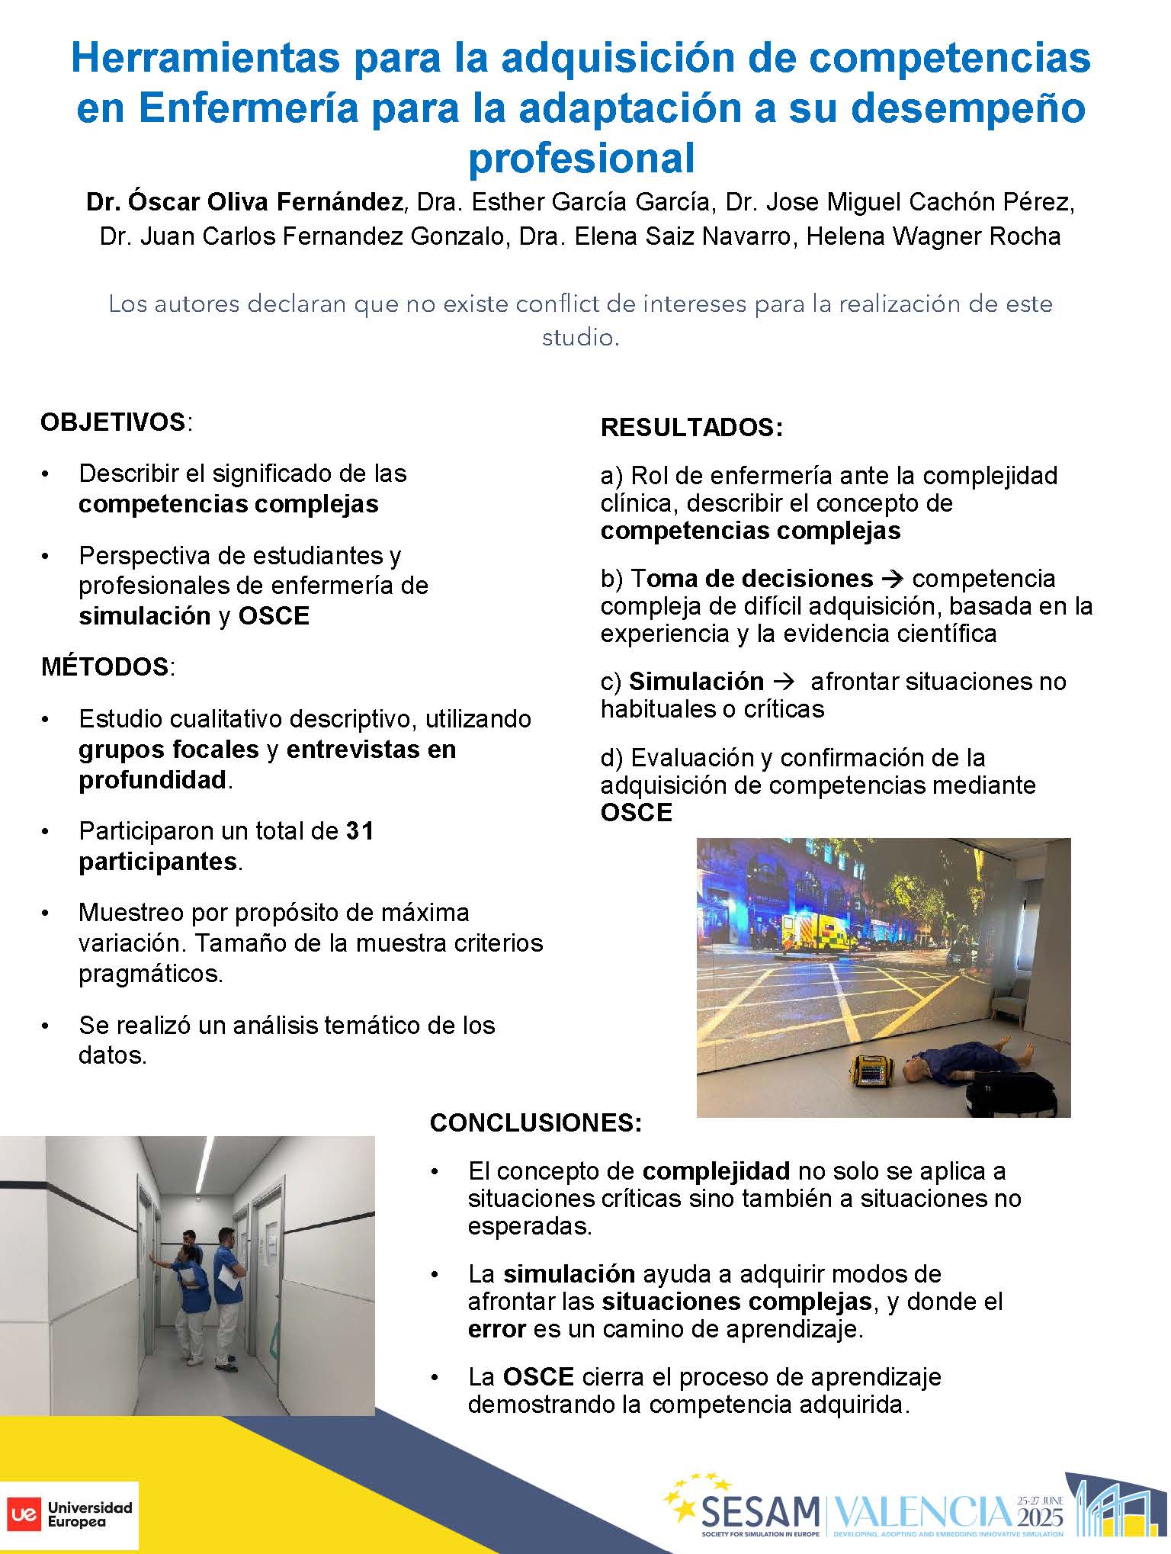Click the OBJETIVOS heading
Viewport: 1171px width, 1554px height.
(112, 422)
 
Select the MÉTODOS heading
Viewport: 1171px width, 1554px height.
(104, 666)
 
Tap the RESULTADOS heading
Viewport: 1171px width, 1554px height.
(691, 427)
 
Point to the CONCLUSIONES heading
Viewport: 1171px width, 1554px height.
(535, 1122)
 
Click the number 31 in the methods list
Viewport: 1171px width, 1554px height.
(360, 830)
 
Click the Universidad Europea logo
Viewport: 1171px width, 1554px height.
(70, 1514)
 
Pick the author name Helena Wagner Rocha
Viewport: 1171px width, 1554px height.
(933, 236)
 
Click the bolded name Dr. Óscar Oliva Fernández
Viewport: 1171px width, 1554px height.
(244, 202)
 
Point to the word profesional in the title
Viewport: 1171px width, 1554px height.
(581, 159)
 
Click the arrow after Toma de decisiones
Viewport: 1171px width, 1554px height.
(892, 579)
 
